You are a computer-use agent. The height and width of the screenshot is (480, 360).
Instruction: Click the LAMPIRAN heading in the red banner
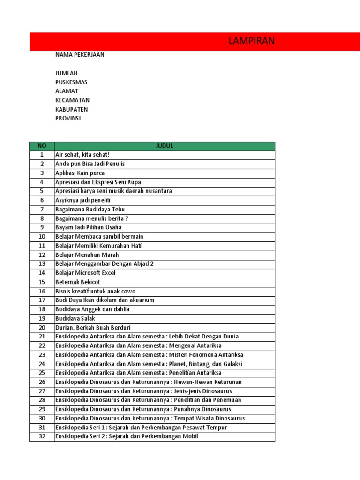click(x=251, y=41)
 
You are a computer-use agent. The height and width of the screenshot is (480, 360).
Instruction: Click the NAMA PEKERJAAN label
click(x=80, y=55)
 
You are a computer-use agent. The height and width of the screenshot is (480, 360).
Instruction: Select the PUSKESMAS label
click(x=71, y=82)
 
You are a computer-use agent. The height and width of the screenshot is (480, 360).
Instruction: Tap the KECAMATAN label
click(x=72, y=100)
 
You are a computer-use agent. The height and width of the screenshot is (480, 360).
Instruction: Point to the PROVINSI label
click(x=68, y=118)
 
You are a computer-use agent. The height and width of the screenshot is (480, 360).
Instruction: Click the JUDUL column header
click(x=165, y=146)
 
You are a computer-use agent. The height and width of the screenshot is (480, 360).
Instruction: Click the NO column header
click(x=42, y=146)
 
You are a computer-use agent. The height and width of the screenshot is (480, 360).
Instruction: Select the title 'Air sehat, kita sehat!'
click(x=82, y=155)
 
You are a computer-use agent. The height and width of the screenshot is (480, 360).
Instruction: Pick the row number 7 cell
click(x=42, y=210)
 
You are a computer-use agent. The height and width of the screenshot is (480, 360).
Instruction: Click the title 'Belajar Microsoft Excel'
click(x=85, y=273)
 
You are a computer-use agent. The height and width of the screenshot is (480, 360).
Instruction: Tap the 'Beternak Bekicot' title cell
click(x=77, y=282)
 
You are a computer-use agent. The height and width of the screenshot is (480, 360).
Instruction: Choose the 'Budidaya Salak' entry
click(x=75, y=318)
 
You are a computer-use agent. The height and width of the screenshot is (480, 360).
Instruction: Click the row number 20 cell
click(x=42, y=327)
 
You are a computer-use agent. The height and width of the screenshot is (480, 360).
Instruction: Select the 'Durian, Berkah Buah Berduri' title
click(x=93, y=327)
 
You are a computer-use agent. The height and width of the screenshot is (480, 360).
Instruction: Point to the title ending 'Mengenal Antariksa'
click(x=138, y=345)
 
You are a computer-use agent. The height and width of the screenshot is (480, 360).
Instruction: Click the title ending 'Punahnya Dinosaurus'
click(x=143, y=409)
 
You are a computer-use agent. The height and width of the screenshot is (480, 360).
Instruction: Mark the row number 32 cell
click(x=42, y=436)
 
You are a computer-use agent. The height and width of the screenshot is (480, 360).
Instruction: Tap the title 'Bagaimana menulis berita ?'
click(x=91, y=218)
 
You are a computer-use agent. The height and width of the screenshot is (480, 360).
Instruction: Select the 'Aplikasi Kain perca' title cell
click(x=80, y=173)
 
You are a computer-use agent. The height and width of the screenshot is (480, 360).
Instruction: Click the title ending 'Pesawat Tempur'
click(x=141, y=427)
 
